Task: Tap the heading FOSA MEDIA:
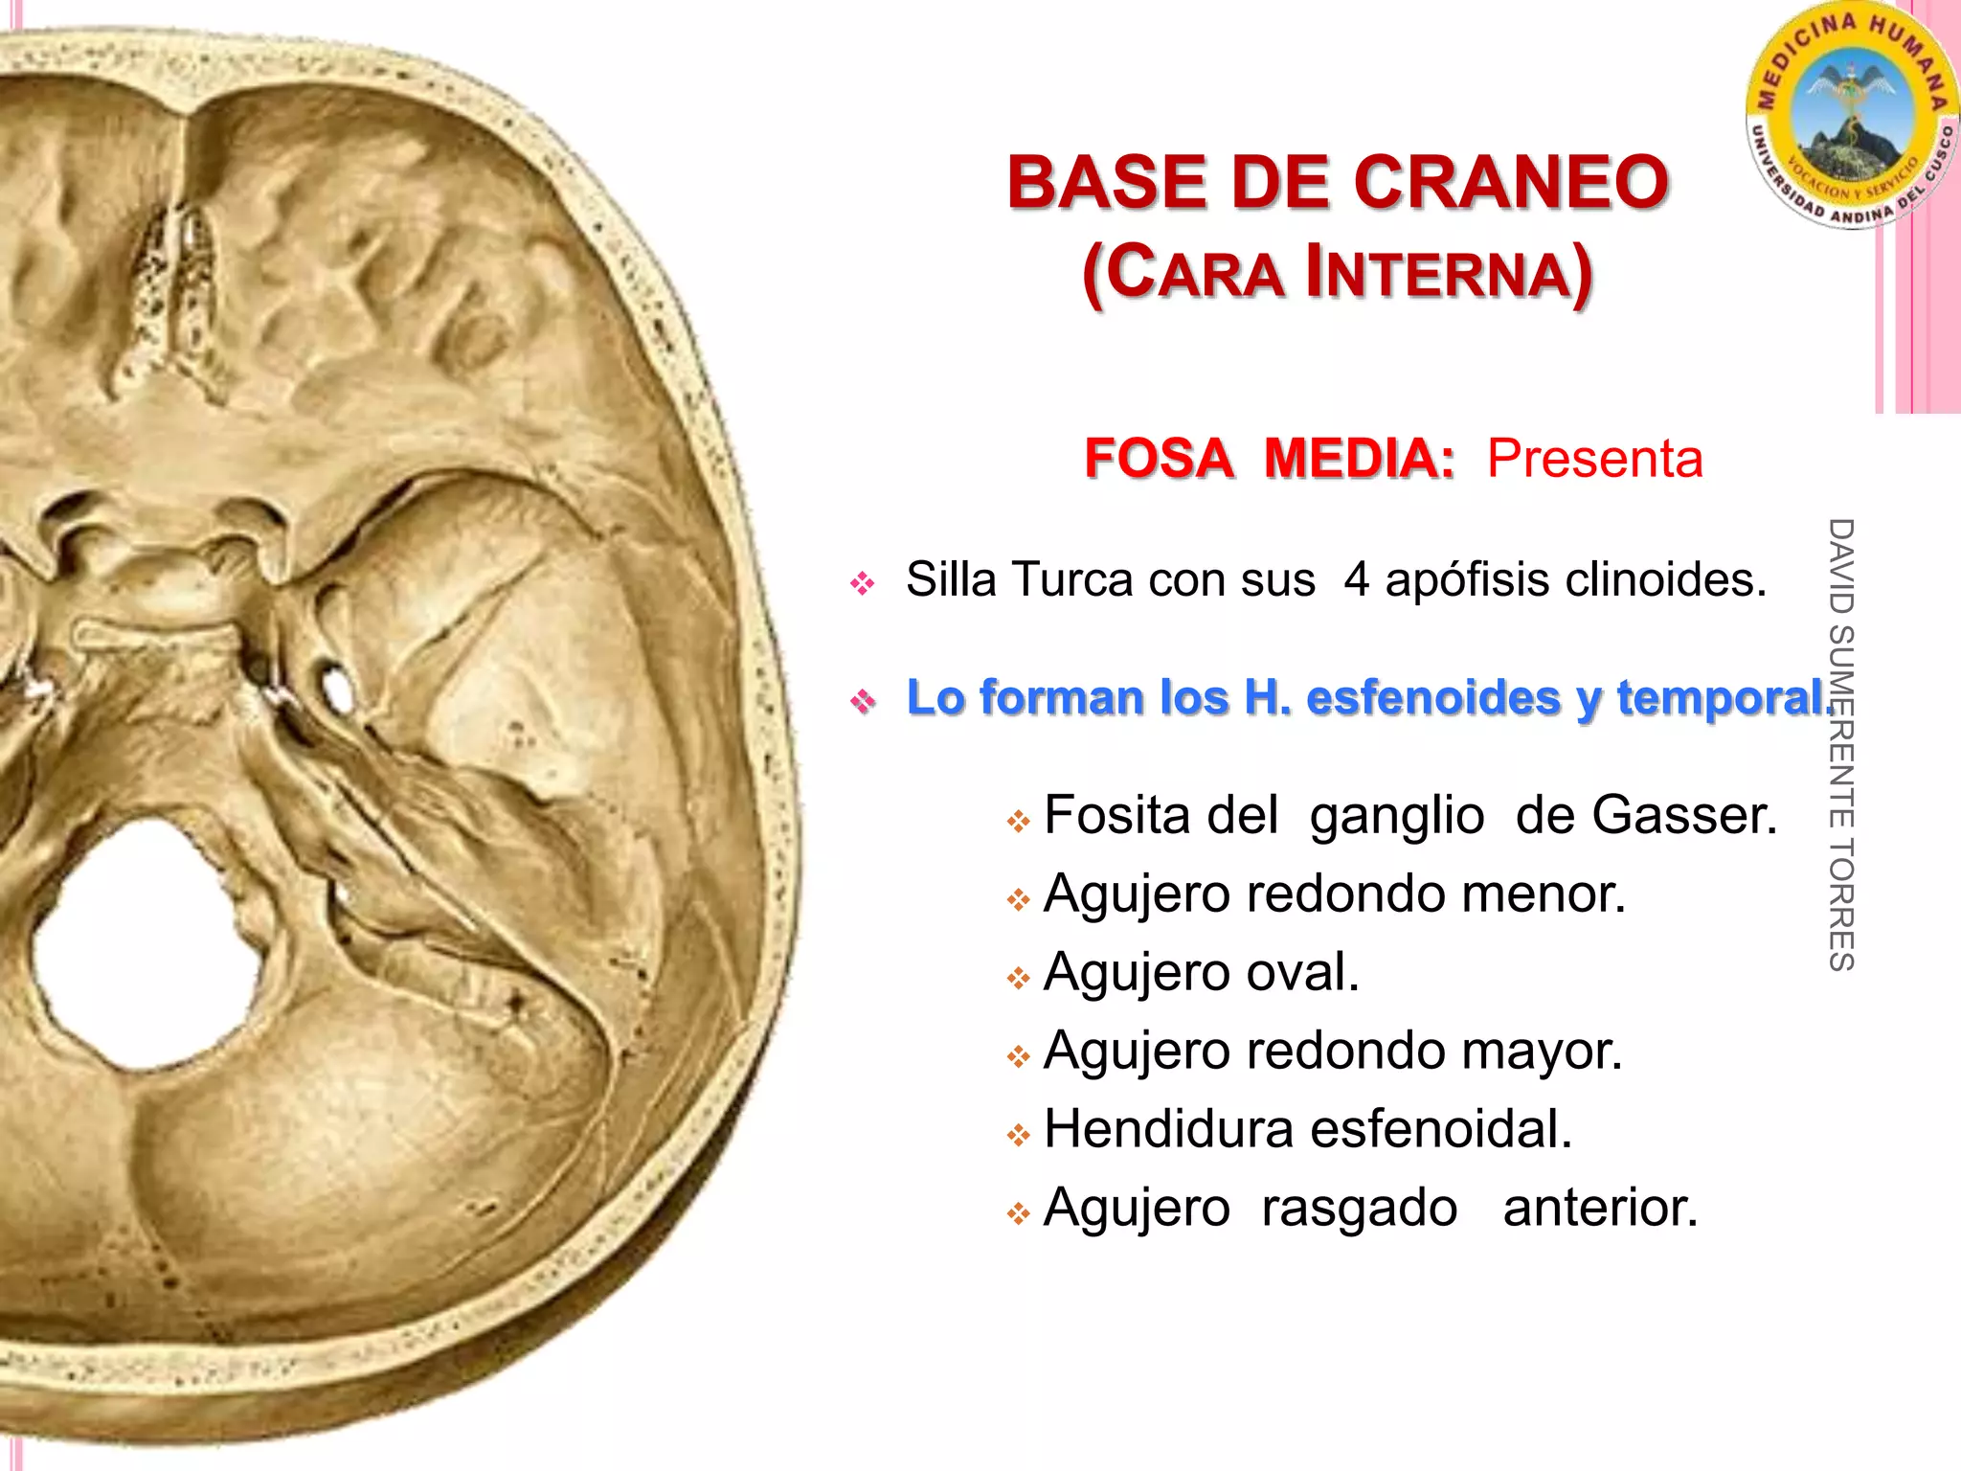coord(1269,459)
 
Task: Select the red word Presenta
coord(1594,459)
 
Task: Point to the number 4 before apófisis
coord(1357,580)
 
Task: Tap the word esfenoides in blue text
coord(1432,697)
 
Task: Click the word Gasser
coord(1684,816)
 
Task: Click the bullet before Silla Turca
coord(862,583)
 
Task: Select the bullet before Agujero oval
coord(1017,978)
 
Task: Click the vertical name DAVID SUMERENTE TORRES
coord(1840,745)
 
